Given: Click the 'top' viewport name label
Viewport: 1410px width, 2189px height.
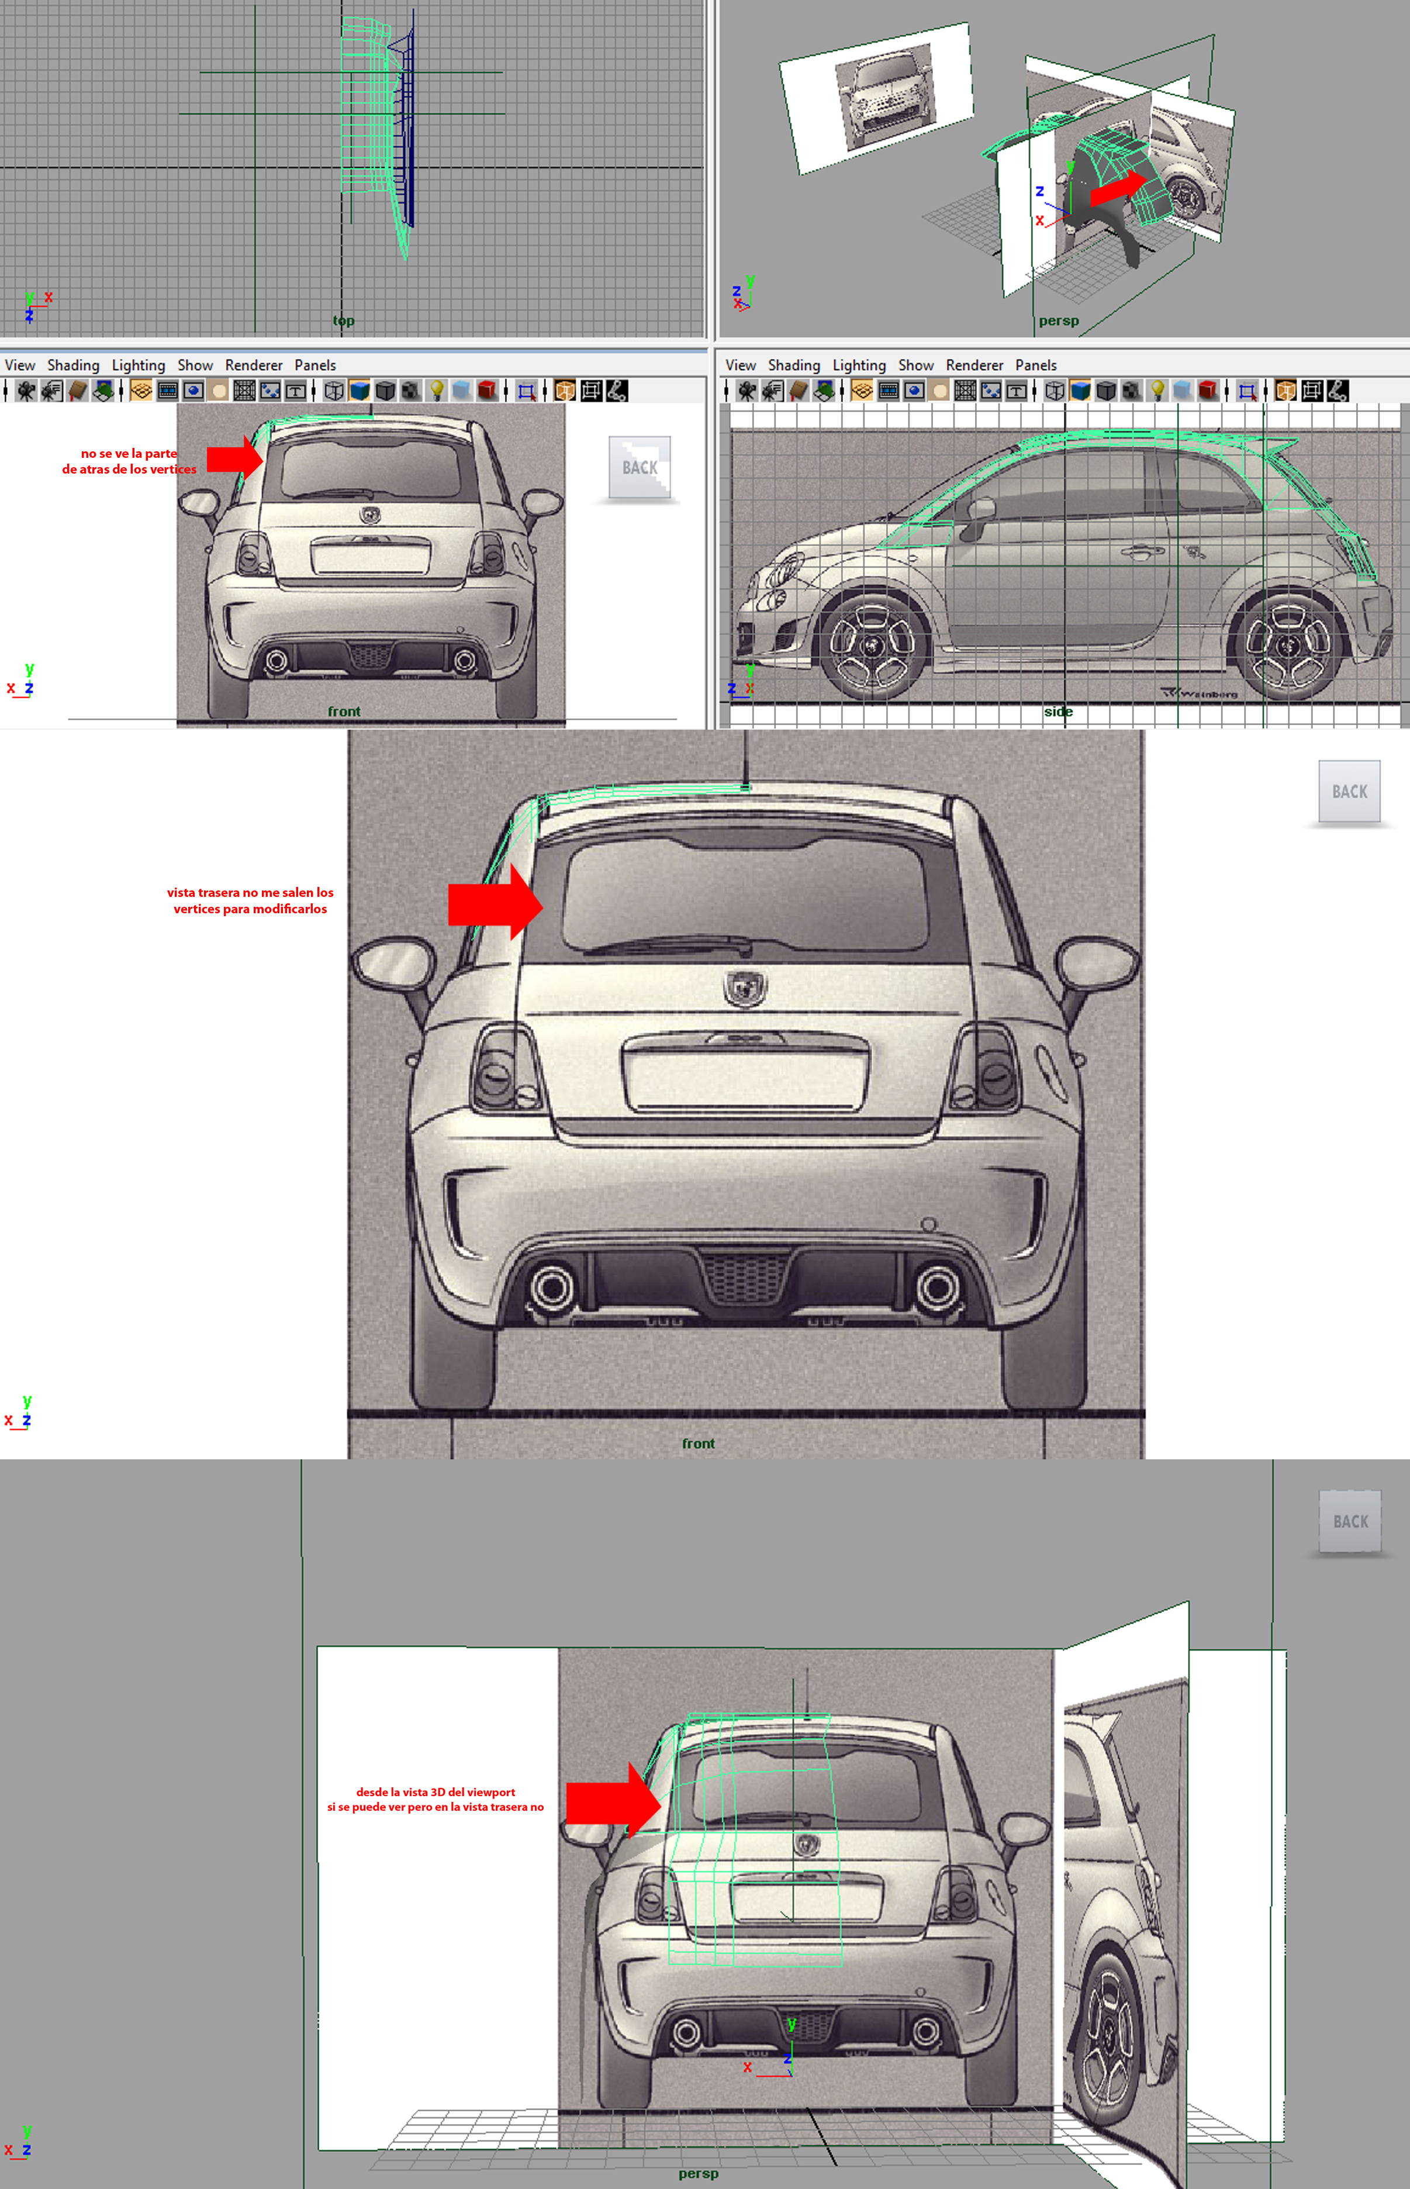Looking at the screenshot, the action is point(343,320).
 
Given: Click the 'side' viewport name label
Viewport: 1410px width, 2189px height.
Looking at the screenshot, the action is point(1059,712).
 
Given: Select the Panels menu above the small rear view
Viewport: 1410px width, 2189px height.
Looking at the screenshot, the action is point(315,365).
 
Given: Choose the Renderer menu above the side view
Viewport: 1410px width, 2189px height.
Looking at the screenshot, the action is point(974,365).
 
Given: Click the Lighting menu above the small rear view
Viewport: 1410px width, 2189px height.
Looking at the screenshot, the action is point(139,365).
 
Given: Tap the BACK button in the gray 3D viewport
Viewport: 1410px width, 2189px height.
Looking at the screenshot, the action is point(1350,1521).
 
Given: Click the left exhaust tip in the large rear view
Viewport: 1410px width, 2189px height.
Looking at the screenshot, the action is point(552,1286).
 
